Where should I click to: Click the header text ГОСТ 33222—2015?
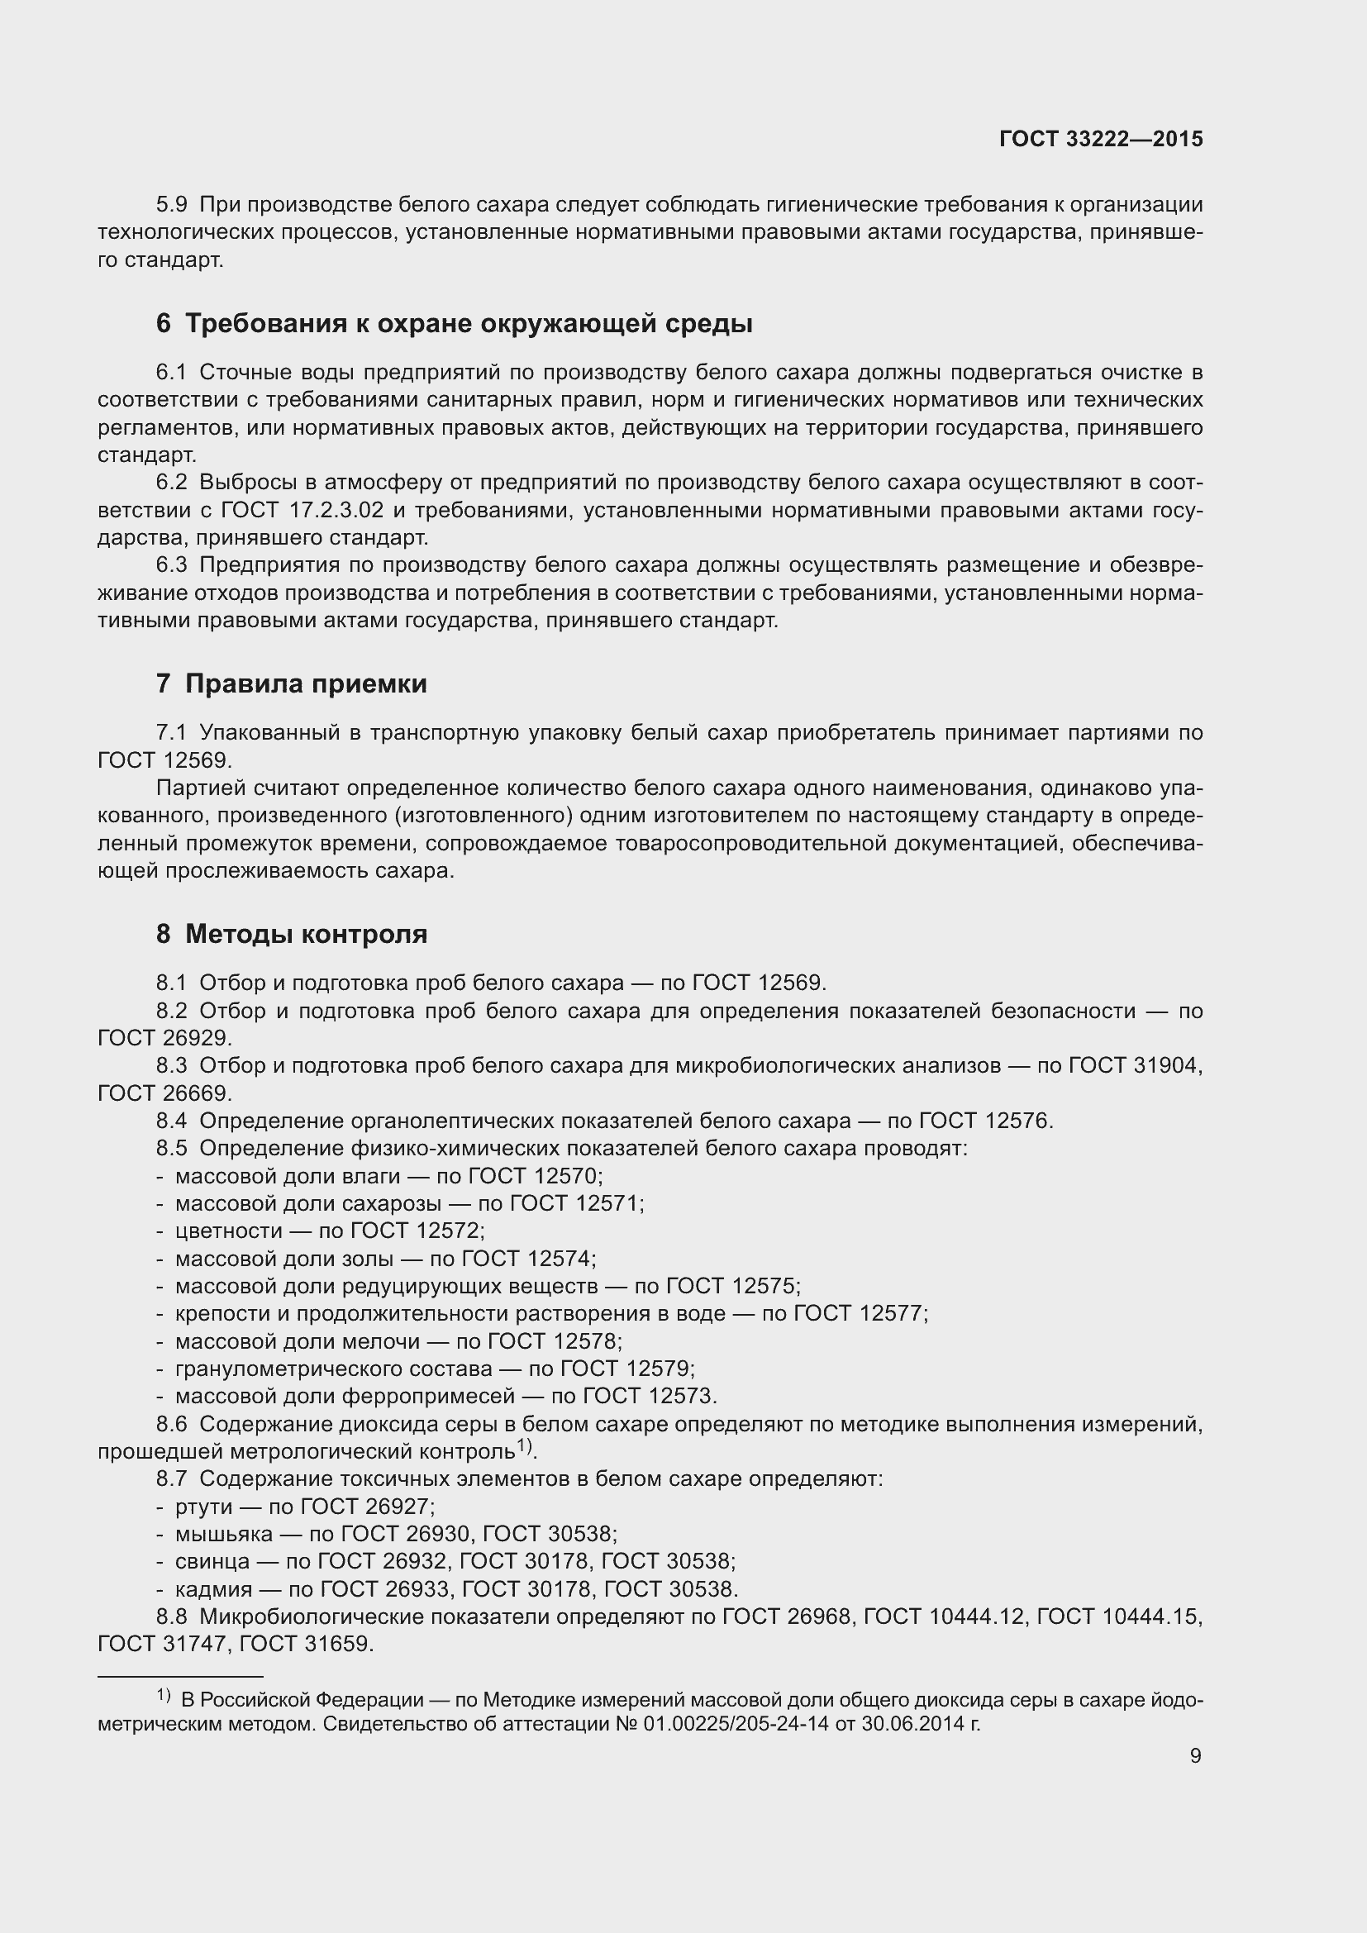click(x=1101, y=139)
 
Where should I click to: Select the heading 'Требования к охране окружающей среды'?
click(x=468, y=323)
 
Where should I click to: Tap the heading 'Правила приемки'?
click(x=306, y=683)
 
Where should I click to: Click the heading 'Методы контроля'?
click(x=306, y=934)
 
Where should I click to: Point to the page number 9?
click(x=1195, y=1755)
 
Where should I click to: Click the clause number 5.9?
click(x=172, y=205)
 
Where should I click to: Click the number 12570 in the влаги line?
click(x=564, y=1175)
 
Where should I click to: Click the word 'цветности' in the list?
click(x=228, y=1231)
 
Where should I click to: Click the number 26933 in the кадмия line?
click(x=413, y=1588)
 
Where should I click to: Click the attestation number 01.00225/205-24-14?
click(x=741, y=1723)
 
